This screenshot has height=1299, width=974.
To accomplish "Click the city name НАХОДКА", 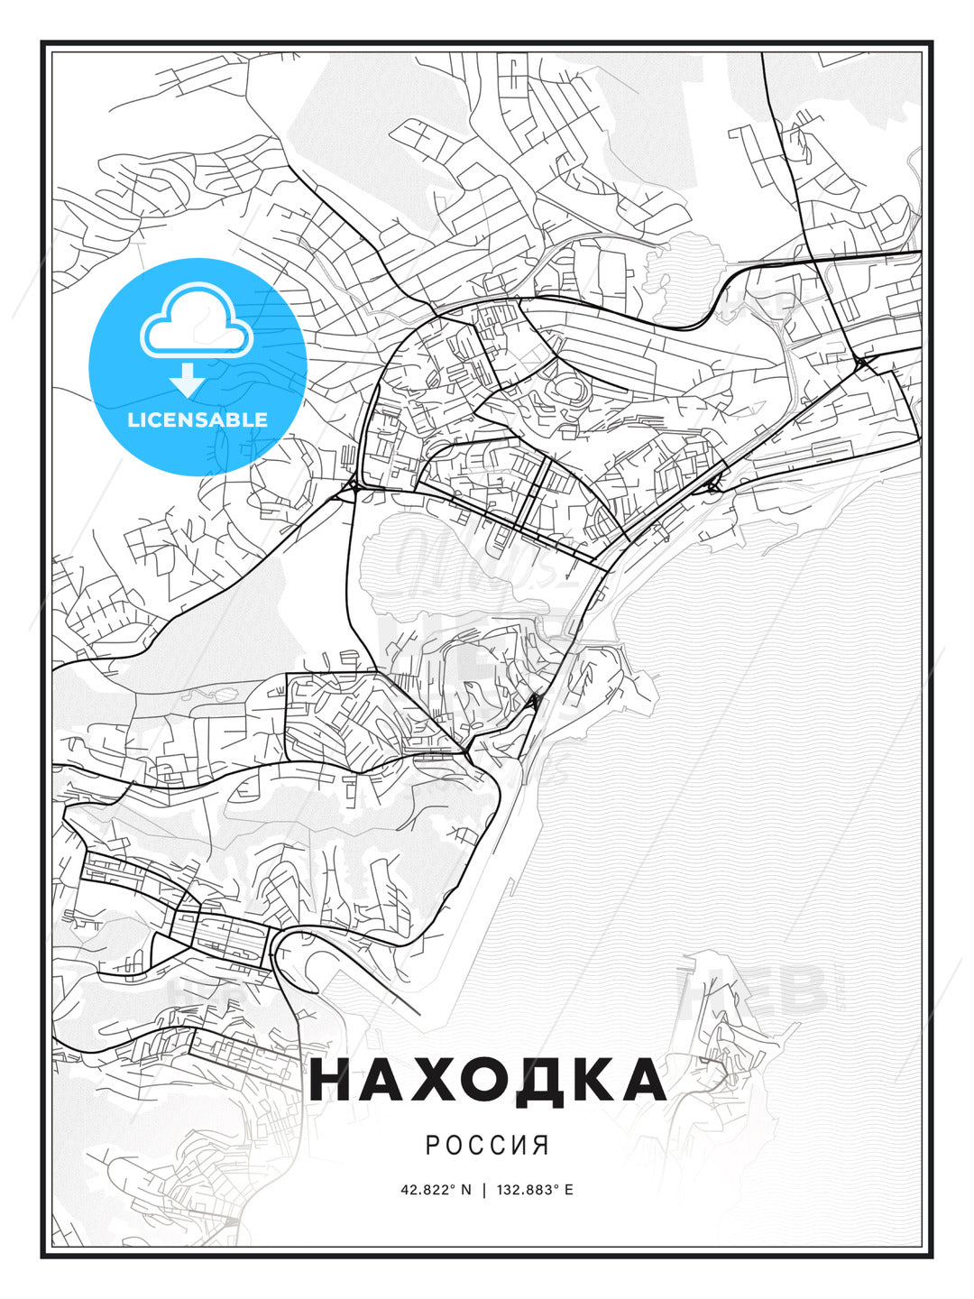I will [487, 1080].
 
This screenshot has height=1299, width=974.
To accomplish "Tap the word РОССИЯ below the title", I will [487, 1146].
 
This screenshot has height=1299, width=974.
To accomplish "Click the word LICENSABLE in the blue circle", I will [198, 419].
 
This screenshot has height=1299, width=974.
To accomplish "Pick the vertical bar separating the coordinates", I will [484, 1189].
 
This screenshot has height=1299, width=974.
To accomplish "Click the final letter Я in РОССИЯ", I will [541, 1146].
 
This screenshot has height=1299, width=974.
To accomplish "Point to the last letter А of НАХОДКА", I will [642, 1080].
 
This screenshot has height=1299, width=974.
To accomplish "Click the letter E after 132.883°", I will [569, 1189].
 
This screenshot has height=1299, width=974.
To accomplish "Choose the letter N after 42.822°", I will [466, 1189].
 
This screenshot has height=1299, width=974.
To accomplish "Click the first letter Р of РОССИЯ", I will [432, 1146].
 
